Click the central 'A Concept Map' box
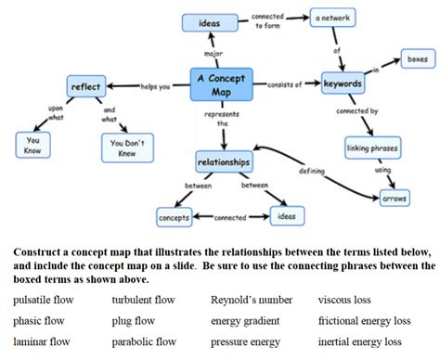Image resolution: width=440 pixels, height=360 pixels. pyautogui.click(x=221, y=84)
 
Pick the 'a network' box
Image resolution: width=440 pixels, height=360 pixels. pyautogui.click(x=335, y=18)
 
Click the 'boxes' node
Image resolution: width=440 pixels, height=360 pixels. pyautogui.click(x=417, y=60)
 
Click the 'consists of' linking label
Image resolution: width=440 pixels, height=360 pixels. pyautogui.click(x=284, y=84)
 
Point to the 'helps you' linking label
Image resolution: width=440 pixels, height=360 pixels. pyautogui.click(x=155, y=86)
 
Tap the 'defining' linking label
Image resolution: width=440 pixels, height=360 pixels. pyautogui.click(x=311, y=171)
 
